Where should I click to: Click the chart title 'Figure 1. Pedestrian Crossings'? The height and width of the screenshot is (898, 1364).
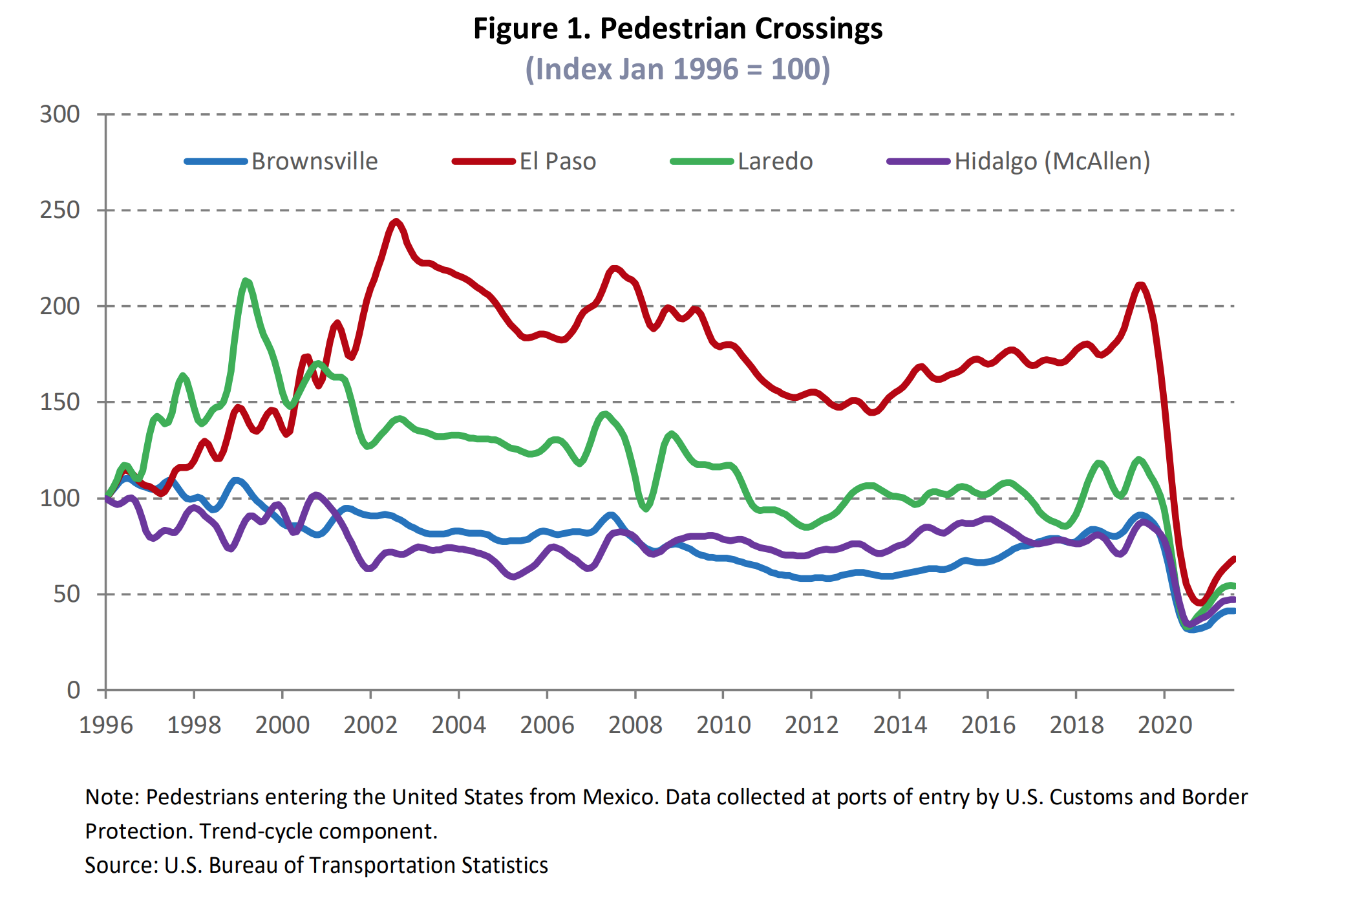click(x=677, y=29)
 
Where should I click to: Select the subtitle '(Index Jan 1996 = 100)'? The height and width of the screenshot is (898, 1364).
click(x=677, y=69)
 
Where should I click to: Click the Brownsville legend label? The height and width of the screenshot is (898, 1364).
click(x=314, y=161)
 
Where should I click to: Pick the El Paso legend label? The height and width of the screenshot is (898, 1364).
click(x=557, y=161)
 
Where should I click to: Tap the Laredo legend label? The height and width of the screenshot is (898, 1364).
click(x=775, y=161)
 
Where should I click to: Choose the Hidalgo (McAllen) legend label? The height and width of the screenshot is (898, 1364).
click(x=1052, y=161)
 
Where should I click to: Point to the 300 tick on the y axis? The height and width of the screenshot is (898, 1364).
click(x=60, y=114)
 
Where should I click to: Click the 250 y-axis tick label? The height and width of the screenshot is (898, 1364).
click(x=60, y=210)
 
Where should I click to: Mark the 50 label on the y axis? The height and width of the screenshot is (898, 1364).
click(x=67, y=593)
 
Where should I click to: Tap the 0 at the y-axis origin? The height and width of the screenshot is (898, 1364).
click(x=74, y=690)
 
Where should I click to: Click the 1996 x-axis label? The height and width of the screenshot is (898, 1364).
click(x=106, y=725)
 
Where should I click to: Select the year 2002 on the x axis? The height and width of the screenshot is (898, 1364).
click(x=370, y=725)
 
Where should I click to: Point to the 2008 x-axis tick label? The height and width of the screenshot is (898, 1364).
click(x=635, y=725)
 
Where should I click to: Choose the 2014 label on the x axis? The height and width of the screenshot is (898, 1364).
click(x=900, y=725)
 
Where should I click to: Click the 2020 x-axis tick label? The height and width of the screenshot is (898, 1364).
click(x=1164, y=725)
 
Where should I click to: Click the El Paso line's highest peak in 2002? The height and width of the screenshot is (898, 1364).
click(x=396, y=222)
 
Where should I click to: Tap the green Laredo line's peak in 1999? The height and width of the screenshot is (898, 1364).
click(x=246, y=281)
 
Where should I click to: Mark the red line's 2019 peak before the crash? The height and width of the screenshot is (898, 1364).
click(x=1140, y=284)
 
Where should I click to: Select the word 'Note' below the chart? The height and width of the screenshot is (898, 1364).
click(x=111, y=797)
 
